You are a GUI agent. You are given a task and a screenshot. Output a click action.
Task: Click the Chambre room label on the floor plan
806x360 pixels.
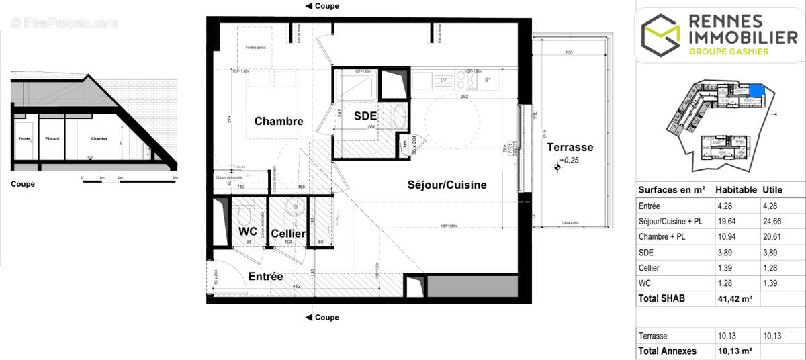(x=279, y=122)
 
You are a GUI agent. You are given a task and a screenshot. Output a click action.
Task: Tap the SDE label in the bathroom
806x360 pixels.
(x=365, y=116)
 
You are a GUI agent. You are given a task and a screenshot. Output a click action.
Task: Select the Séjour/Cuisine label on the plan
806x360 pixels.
(x=446, y=184)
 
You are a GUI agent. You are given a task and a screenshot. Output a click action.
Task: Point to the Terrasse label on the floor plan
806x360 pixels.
(x=570, y=147)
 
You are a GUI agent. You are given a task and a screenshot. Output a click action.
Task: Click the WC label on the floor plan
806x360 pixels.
(x=249, y=232)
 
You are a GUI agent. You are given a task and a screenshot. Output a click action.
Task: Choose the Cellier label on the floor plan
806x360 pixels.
(x=289, y=234)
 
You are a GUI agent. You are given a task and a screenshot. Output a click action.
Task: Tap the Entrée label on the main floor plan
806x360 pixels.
(x=265, y=276)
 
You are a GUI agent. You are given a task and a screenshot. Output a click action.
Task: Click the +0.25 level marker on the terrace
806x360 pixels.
(x=569, y=161)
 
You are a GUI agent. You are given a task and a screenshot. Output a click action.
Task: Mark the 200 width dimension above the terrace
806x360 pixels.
(x=568, y=52)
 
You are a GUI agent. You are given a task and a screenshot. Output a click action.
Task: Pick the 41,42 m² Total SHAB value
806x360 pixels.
(x=736, y=299)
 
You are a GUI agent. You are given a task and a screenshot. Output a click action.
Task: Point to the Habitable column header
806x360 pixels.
(x=736, y=190)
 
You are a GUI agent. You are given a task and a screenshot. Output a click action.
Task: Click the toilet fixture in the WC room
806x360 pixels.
(x=244, y=219)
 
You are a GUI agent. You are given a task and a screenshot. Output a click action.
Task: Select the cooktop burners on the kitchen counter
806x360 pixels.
(x=465, y=80)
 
